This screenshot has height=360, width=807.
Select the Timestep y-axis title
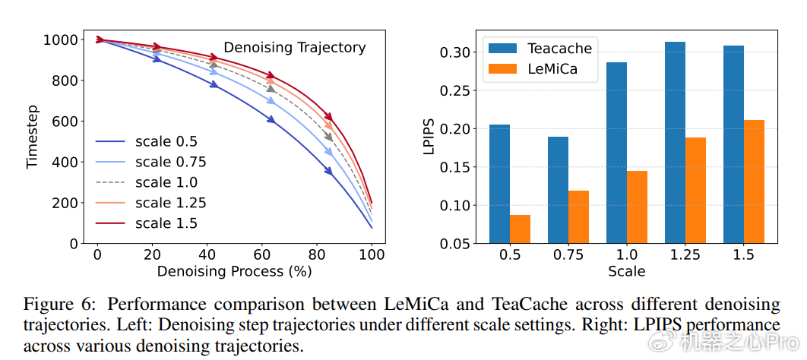[x=33, y=142]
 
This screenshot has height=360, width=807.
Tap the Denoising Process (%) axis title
[x=234, y=270]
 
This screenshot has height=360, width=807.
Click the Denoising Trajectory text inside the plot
[x=294, y=48]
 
